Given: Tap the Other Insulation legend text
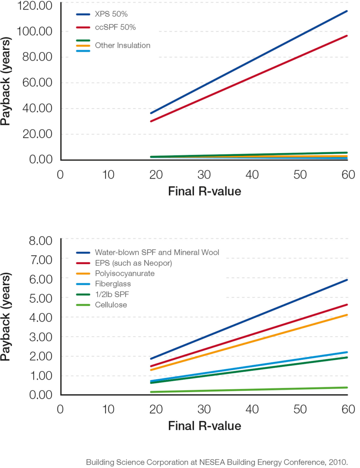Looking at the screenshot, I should click(x=122, y=46).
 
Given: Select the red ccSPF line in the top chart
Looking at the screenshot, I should click(x=248, y=78).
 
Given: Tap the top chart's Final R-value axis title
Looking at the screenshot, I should click(x=204, y=191).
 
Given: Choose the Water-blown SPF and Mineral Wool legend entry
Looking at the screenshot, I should click(x=157, y=253).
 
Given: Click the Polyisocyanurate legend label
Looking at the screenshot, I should click(x=124, y=274).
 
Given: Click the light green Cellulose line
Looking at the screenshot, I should click(x=248, y=390).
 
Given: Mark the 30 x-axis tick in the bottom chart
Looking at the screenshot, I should click(x=204, y=409).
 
